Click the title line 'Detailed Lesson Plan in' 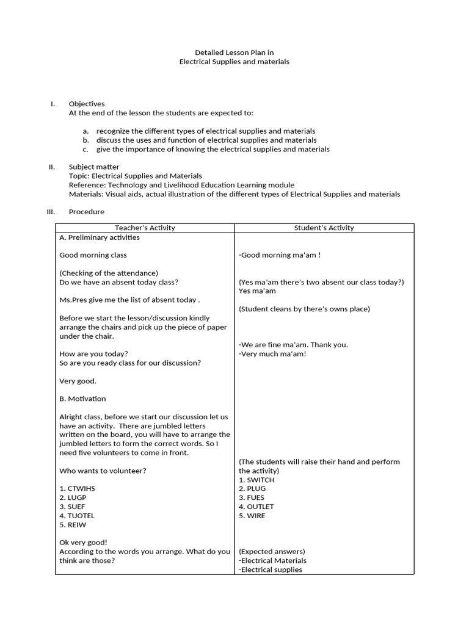coord(234,52)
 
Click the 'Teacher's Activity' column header coord(145,228)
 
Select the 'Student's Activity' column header coord(324,228)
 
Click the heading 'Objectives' coord(87,104)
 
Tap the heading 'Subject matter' coord(94,167)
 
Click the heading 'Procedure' coord(86,212)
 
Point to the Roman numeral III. coord(51,212)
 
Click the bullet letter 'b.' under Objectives coord(86,140)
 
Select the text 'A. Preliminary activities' coord(100,237)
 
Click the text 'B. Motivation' coord(82,399)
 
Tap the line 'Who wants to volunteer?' coord(103,471)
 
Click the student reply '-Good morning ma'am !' coord(280,255)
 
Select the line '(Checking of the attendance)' coord(109,273)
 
